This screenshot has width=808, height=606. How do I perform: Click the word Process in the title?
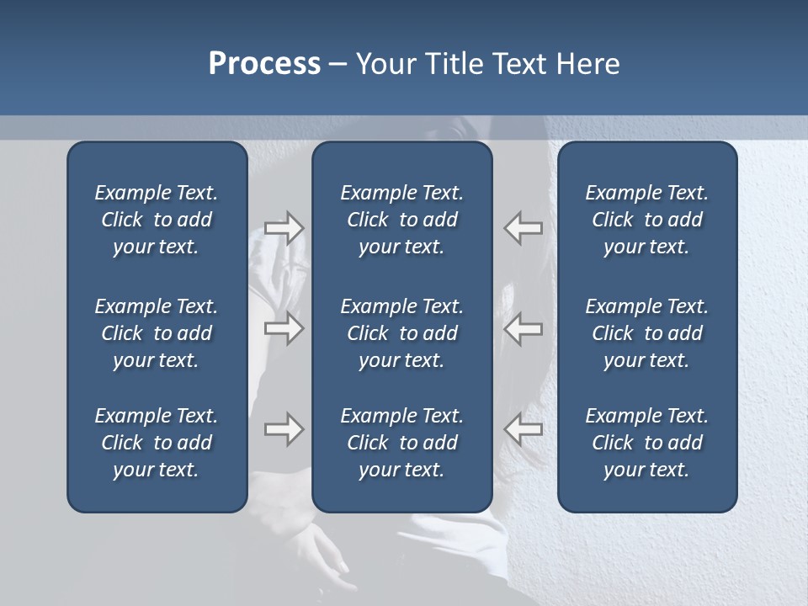[264, 64]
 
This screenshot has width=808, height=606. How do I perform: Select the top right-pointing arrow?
[284, 228]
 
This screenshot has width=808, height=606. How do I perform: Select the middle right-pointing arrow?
[284, 328]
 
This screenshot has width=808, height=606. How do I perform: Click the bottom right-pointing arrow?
[284, 429]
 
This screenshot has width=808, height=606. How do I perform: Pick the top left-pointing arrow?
[523, 228]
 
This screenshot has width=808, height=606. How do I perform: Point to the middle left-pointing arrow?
[523, 328]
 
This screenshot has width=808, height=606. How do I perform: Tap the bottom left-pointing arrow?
[523, 429]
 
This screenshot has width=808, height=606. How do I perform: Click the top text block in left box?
[157, 220]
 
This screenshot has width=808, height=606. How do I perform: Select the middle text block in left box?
[157, 333]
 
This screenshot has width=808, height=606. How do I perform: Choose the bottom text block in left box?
[157, 443]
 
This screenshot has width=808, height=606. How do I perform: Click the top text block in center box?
[401, 220]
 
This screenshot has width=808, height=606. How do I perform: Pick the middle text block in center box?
[401, 333]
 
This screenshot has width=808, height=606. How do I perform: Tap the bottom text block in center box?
[401, 443]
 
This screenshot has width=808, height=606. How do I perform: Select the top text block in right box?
[646, 220]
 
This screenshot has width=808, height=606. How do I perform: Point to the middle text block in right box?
[646, 333]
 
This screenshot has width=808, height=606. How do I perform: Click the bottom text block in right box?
[646, 443]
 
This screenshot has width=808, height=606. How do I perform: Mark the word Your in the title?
[384, 64]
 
